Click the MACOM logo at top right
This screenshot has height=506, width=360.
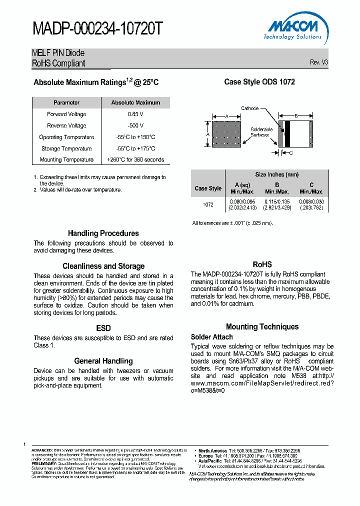click(x=293, y=29)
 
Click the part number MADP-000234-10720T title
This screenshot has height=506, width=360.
click(x=97, y=29)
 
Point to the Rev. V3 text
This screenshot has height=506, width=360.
click(x=318, y=62)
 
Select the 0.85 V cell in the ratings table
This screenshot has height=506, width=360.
click(x=135, y=114)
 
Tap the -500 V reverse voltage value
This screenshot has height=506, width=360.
click(x=135, y=125)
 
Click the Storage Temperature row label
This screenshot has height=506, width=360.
click(x=66, y=148)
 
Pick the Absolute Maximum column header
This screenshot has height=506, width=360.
click(x=135, y=102)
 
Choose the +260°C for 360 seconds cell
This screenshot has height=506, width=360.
click(x=135, y=160)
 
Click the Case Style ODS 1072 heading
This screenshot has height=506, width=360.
click(x=259, y=81)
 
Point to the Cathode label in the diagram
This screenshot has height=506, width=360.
click(x=249, y=108)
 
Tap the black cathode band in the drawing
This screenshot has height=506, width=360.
click(x=287, y=134)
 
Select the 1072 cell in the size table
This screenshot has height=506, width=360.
click(x=208, y=204)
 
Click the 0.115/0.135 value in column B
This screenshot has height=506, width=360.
click(x=277, y=201)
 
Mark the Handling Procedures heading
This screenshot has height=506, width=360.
click(x=103, y=233)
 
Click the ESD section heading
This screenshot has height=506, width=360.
click(x=103, y=328)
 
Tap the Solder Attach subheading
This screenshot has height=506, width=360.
click(x=211, y=337)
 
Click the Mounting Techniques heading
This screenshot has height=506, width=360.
click(x=262, y=326)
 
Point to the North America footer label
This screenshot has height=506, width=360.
click(x=212, y=450)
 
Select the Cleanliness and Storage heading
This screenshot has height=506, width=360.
click(x=103, y=266)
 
